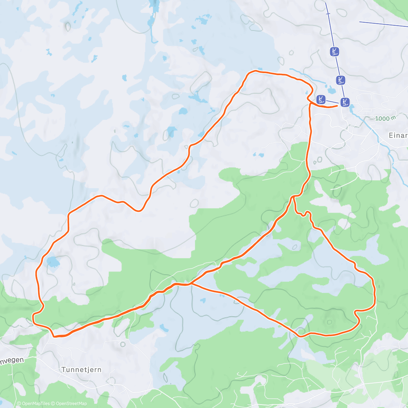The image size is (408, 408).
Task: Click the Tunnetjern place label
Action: point(82,370)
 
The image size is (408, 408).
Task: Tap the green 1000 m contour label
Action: point(386,119)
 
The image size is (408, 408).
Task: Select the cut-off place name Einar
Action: point(398,135)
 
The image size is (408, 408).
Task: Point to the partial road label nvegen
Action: point(12,361)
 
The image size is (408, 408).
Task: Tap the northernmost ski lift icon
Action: point(335,52)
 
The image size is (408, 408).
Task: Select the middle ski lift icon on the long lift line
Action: point(340,80)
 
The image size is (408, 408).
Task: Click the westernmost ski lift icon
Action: point(321,99)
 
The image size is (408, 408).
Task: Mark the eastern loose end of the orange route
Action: point(337,106)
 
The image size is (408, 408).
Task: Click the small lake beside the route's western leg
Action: point(53,262)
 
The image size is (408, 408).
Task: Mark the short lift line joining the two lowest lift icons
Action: point(333,101)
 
